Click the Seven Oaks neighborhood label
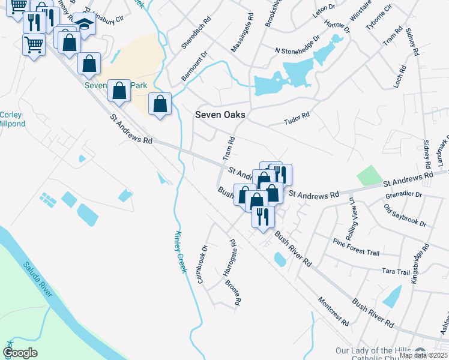point(220,115)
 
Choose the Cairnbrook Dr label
point(202,264)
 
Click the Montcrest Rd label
point(333,311)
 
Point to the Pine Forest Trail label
point(357,247)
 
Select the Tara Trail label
point(396,272)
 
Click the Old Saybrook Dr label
point(405,215)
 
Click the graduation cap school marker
point(85,25)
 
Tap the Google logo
point(20,353)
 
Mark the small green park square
point(369,175)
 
